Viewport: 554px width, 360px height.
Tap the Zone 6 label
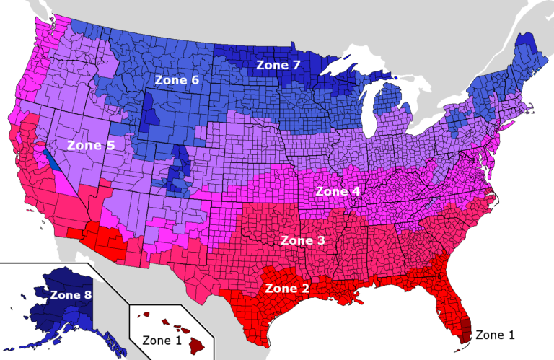pos(176,80)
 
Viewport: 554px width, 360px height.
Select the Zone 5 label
pos(90,144)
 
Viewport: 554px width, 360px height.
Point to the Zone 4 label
pos(338,192)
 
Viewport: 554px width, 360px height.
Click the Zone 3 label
pos(303,240)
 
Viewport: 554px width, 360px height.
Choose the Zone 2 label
pos(288,288)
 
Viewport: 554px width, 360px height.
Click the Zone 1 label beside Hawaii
pos(163,339)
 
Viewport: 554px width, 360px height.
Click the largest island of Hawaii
pos(197,346)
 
